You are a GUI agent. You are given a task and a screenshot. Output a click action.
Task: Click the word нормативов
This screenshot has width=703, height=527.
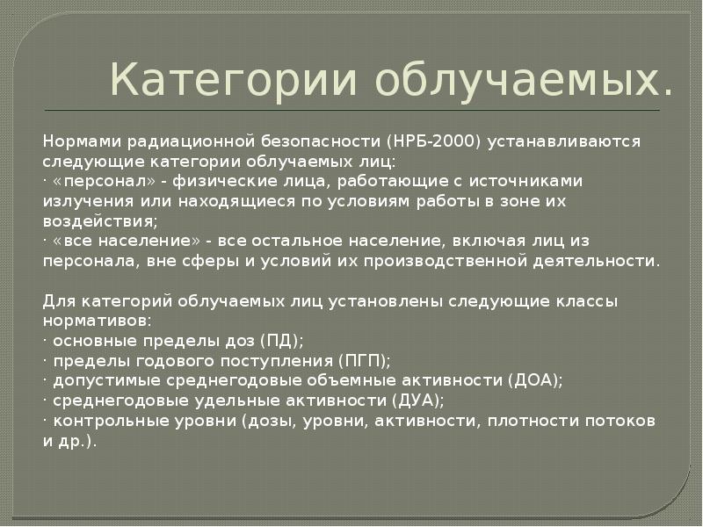(95, 321)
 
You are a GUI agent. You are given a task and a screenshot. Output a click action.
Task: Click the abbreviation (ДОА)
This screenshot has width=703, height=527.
(533, 380)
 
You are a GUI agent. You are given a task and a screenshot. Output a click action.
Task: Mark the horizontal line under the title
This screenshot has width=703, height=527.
(351, 110)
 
